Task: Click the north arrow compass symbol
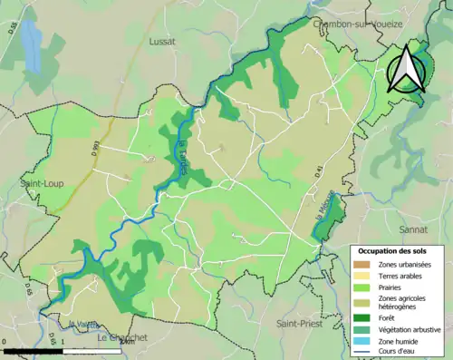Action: click(406, 71)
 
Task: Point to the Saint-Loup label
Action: click(39, 182)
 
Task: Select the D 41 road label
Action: click(320, 169)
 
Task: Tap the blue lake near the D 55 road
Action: click(32, 45)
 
